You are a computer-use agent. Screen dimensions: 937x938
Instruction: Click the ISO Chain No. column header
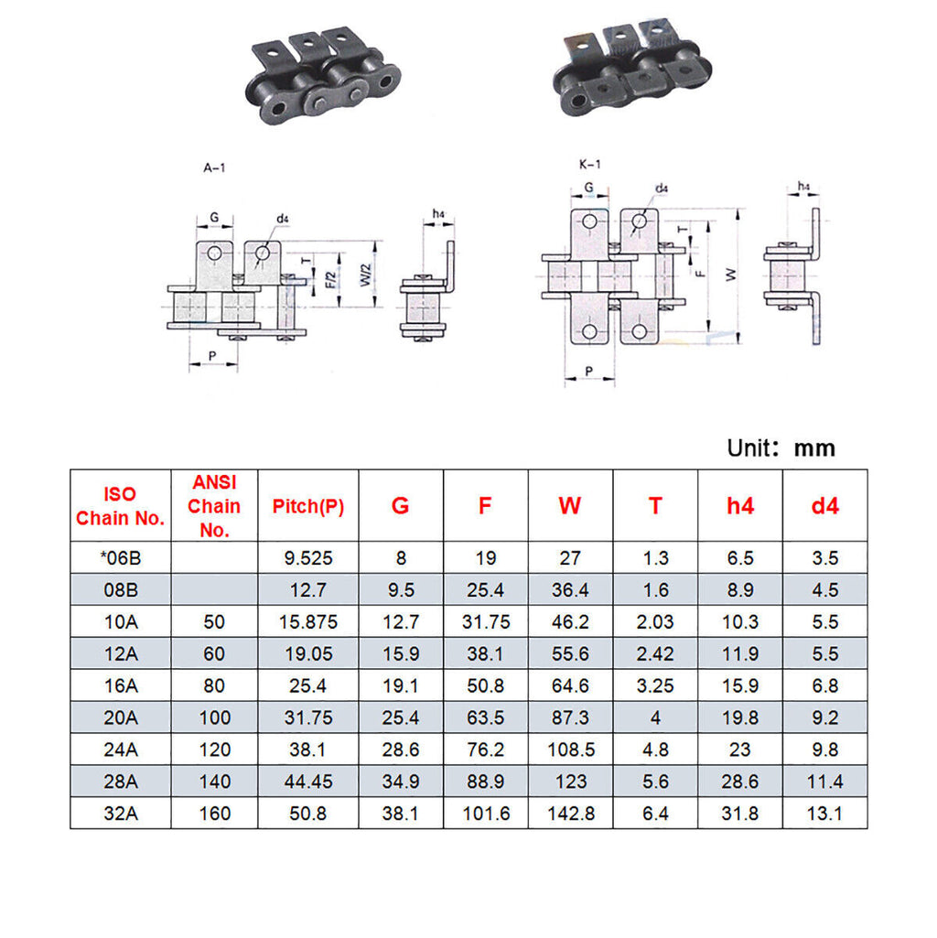click(120, 506)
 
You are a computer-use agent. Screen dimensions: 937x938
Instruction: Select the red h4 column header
click(740, 506)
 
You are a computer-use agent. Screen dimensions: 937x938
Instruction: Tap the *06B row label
click(120, 558)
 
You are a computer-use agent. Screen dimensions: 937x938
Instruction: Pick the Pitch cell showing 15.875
click(308, 622)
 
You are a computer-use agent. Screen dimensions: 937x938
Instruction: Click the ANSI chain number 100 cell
click(214, 717)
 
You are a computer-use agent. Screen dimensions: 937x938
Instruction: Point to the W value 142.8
click(571, 814)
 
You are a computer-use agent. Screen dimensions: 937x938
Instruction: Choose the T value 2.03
click(655, 622)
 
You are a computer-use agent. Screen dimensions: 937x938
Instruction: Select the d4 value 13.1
click(824, 814)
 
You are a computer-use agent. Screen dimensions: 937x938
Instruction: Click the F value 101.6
click(486, 814)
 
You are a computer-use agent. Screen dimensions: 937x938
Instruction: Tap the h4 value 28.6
click(740, 782)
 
